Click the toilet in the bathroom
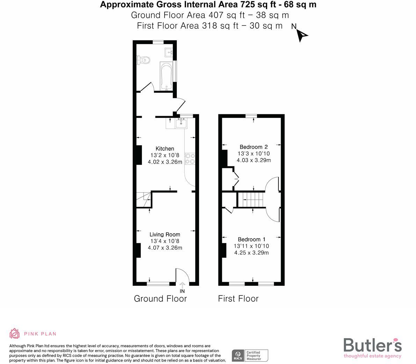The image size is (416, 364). coord(144,60)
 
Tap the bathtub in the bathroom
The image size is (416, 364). coord(166,76)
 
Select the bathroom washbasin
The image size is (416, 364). coord(169,52)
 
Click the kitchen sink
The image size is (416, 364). coord(181,123)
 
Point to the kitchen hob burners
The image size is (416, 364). coord(190,158)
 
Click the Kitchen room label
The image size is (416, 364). coord(165,149)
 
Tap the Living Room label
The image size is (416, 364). coord(165,235)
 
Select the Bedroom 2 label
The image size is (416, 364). coord(254,147)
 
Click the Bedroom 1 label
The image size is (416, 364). coord(251,239)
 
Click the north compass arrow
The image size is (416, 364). coord(301,35)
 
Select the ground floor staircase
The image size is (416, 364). coord(143,200)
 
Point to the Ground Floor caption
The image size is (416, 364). coord(160,299)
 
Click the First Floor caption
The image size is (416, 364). coord(238,299)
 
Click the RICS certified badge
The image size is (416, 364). coord(250,355)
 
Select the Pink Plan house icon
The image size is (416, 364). coord(14,334)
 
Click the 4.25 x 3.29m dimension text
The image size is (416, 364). coord(251,253)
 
